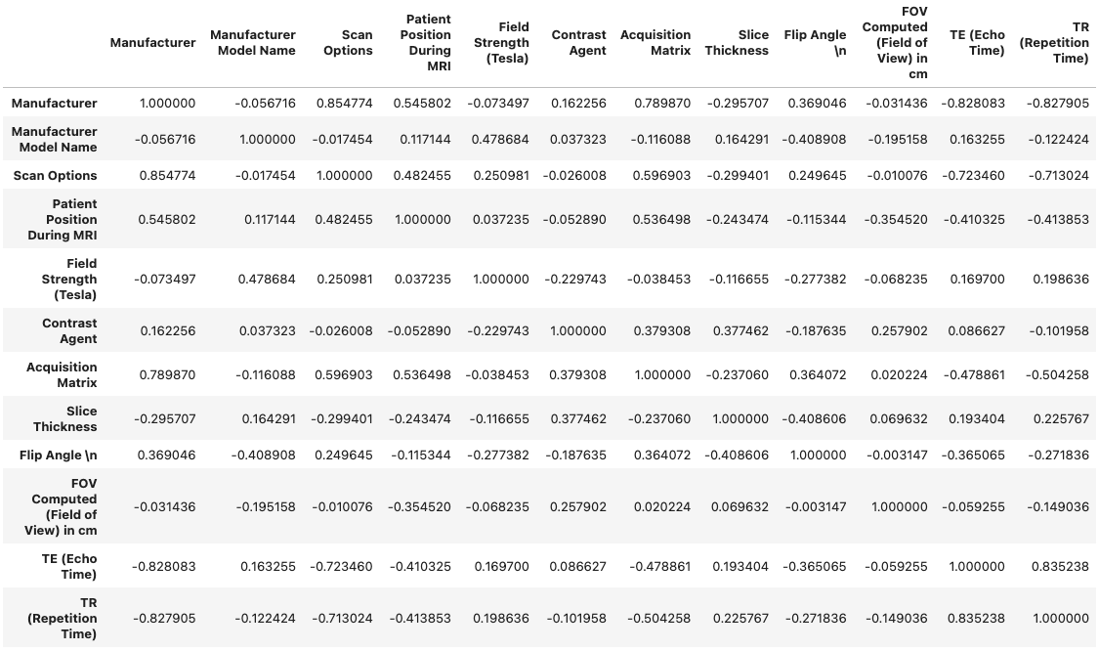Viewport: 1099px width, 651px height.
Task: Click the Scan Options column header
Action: pos(348,43)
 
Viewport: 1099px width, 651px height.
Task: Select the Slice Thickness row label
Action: pos(65,418)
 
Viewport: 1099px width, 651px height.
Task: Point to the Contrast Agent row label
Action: pos(69,330)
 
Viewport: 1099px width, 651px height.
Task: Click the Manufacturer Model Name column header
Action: pos(252,43)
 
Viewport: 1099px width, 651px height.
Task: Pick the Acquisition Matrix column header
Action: pos(655,43)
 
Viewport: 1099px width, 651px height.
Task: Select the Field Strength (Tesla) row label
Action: pos(67,279)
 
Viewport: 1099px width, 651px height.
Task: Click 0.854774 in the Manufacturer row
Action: pos(344,104)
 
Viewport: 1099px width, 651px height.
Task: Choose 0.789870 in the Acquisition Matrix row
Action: pos(166,375)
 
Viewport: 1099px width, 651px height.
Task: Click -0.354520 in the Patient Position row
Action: pos(895,220)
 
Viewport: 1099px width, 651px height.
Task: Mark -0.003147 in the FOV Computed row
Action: pos(815,507)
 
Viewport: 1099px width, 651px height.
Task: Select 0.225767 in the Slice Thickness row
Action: pos(1061,419)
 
